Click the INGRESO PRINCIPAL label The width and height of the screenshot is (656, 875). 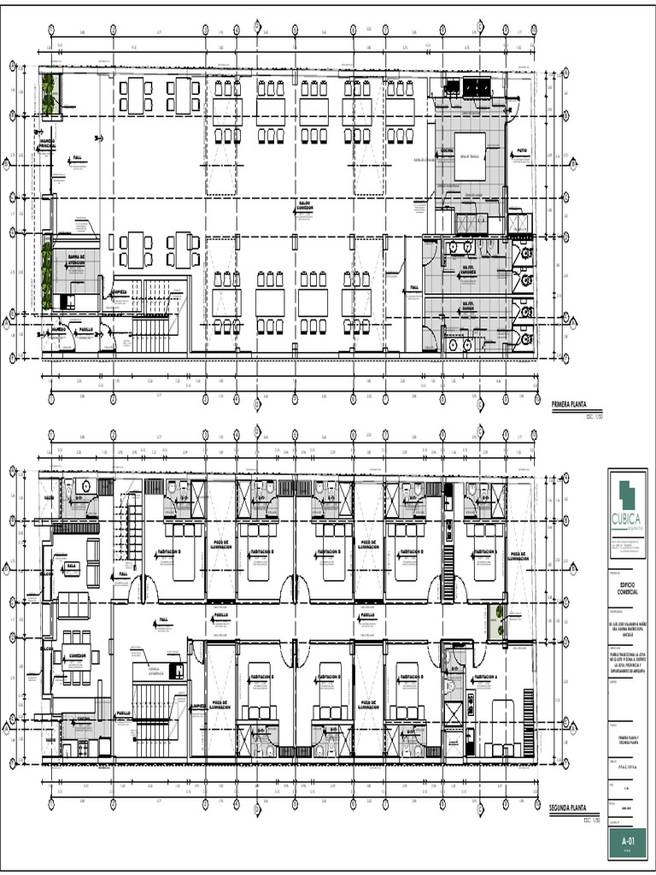[x=47, y=144]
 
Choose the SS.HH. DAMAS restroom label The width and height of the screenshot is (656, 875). [x=469, y=305]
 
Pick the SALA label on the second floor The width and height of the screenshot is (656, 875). [x=72, y=566]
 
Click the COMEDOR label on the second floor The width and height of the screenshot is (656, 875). [x=78, y=656]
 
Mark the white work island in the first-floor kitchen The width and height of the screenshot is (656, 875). [x=469, y=156]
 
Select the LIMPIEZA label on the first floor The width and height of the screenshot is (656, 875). [x=118, y=291]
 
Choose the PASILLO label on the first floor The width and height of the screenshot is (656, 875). [x=85, y=328]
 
